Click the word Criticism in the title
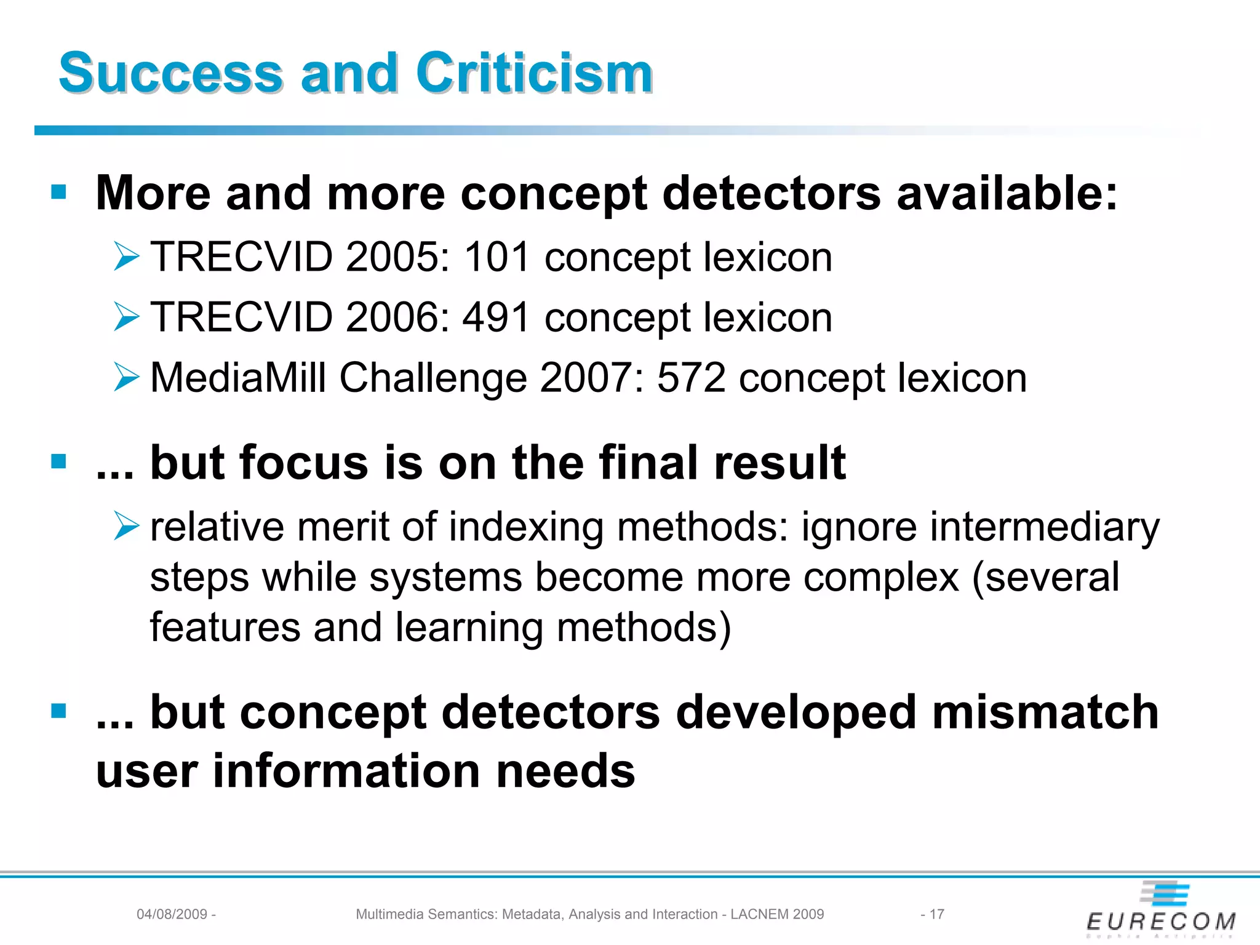click(533, 74)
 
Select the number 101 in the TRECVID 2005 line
click(496, 257)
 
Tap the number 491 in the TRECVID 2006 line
click(496, 317)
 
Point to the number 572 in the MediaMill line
click(691, 377)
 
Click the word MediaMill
click(237, 377)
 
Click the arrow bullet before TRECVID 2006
click(127, 317)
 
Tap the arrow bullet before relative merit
click(127, 527)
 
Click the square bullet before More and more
click(59, 192)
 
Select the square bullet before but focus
click(59, 461)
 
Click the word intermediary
click(1044, 527)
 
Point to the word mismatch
click(1045, 712)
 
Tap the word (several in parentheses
click(1045, 578)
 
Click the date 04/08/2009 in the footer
click(172, 914)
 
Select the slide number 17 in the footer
click(936, 914)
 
